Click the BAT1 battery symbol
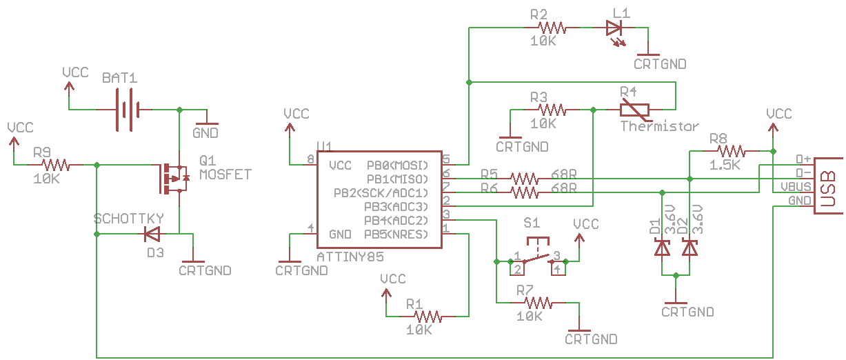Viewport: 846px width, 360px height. pos(128,110)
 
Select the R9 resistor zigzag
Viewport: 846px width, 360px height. pos(56,165)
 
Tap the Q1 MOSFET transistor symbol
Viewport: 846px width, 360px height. pos(174,179)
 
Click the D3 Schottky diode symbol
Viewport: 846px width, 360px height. pos(152,234)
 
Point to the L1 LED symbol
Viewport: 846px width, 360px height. pos(614,30)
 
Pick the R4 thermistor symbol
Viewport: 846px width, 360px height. pos(634,110)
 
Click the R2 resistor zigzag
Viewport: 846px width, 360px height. pos(552,28)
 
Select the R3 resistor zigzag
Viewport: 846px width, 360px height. pos(552,110)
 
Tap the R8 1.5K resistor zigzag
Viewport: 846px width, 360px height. pos(731,151)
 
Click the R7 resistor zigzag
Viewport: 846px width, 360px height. pos(538,303)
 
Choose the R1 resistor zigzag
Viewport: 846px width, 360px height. pos(427,316)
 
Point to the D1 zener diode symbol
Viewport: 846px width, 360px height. pos(662,248)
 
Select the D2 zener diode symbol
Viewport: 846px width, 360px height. pos(689,248)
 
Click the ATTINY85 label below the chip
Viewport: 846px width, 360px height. pos(350,257)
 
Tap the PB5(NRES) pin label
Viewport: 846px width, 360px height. pos(396,234)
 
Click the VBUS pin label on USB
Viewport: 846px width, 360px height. pos(796,187)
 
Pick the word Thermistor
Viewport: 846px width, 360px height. pos(659,126)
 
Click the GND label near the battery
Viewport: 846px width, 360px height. pos(205,133)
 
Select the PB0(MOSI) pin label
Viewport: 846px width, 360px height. pos(397,166)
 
